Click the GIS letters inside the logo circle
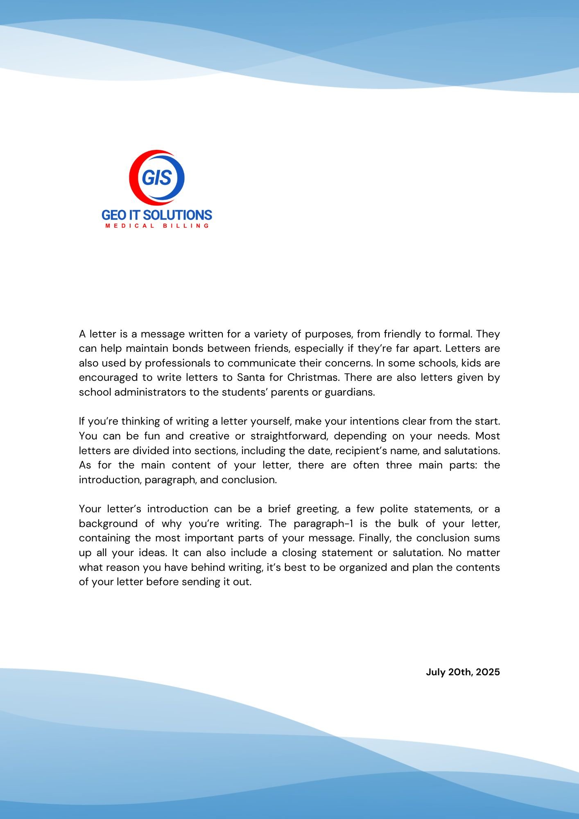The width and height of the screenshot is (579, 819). [x=157, y=178]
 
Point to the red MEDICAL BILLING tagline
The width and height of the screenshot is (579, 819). [x=157, y=226]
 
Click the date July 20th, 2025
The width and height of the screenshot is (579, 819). [x=463, y=672]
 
